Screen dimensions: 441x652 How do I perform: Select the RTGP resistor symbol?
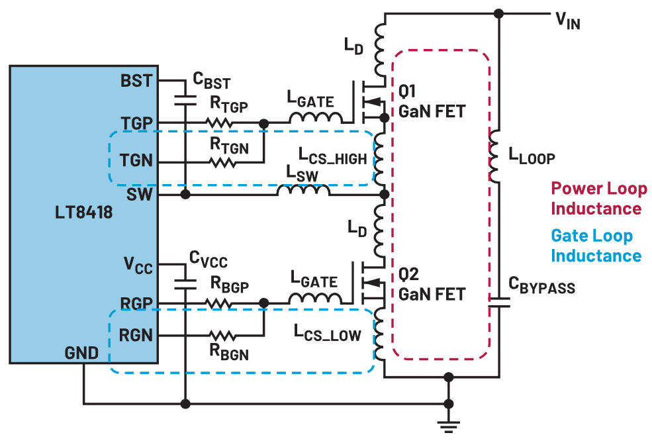[219, 122]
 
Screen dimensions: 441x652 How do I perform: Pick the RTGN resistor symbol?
[219, 162]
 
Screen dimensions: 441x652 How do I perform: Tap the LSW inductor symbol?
[303, 191]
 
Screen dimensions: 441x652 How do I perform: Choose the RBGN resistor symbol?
[219, 335]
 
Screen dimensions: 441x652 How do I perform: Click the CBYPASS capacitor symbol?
[498, 303]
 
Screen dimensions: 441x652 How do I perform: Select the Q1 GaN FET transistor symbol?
[371, 101]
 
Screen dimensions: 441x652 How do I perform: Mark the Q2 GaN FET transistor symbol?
[371, 283]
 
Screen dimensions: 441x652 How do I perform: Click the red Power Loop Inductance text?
[598, 199]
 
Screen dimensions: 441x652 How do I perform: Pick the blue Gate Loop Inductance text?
[596, 246]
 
